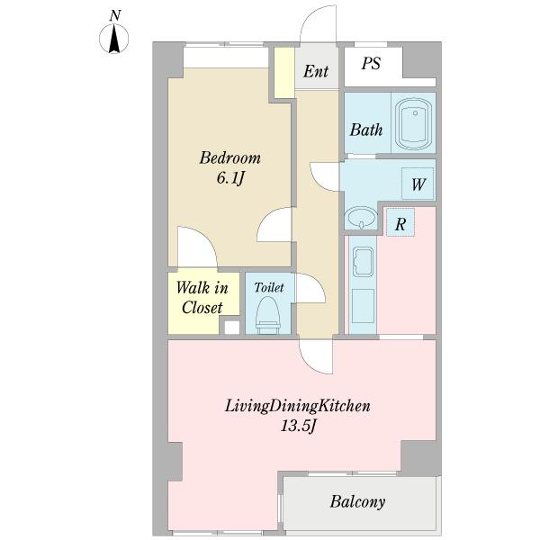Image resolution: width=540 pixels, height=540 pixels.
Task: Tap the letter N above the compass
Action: pyautogui.click(x=115, y=16)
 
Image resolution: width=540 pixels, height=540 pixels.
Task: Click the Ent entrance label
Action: pyautogui.click(x=316, y=72)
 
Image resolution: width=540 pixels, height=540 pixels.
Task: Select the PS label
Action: pyautogui.click(x=371, y=63)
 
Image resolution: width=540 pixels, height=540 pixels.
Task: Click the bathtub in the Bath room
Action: pyautogui.click(x=414, y=124)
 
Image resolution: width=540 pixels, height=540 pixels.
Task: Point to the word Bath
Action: pyautogui.click(x=366, y=130)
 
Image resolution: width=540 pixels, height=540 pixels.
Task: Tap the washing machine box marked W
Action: pyautogui.click(x=418, y=184)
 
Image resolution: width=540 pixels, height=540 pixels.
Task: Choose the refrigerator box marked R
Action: pyautogui.click(x=400, y=222)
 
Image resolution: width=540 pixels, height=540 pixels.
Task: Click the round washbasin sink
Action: pyautogui.click(x=361, y=217)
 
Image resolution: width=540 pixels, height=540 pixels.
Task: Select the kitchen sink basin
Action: pyautogui.click(x=363, y=261)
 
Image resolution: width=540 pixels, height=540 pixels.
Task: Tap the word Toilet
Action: pyautogui.click(x=269, y=288)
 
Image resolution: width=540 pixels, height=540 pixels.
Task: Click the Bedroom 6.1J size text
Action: pyautogui.click(x=230, y=168)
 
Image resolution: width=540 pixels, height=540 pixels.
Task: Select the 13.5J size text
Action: pyautogui.click(x=298, y=427)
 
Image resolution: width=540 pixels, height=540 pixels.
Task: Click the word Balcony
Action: pyautogui.click(x=358, y=502)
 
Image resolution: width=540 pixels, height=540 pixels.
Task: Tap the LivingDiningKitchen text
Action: pyautogui.click(x=298, y=406)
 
